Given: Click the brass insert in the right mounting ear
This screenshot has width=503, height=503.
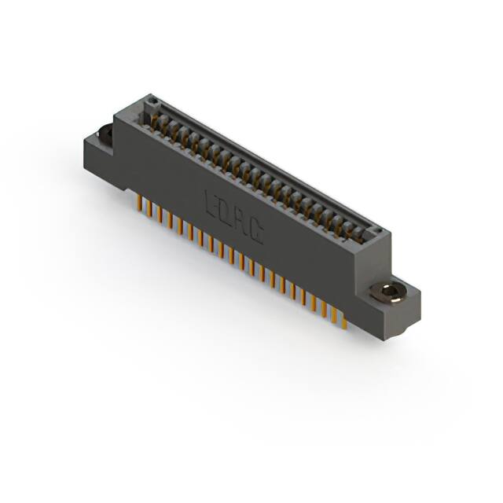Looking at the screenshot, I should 389,292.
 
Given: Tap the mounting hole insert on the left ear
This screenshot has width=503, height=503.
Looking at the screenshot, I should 104,135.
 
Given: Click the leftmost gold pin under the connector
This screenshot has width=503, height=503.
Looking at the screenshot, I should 141,205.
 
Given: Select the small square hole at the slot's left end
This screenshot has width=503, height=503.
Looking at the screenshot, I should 153,101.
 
